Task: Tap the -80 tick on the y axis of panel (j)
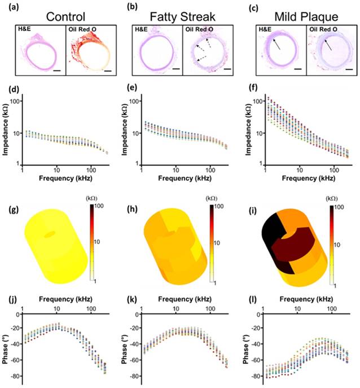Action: [15, 375]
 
